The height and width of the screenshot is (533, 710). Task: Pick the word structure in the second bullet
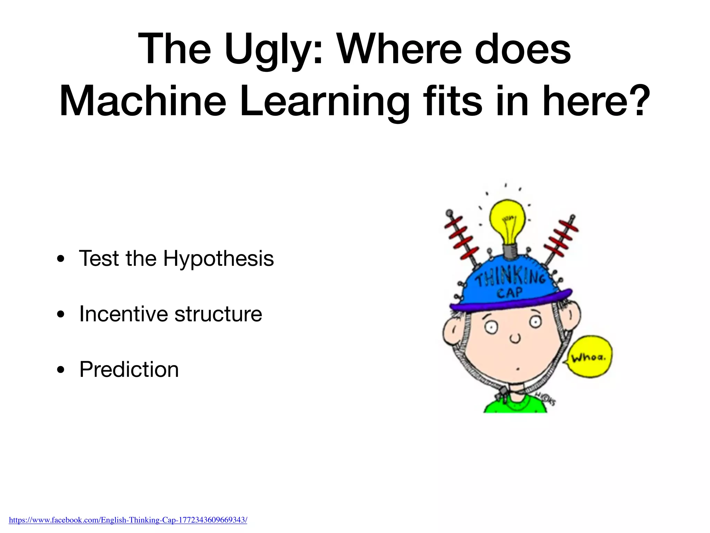click(x=218, y=314)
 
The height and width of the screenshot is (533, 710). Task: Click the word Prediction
click(x=129, y=369)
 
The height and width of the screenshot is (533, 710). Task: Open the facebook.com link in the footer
click(x=128, y=520)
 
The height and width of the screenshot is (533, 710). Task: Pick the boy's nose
click(x=514, y=338)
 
